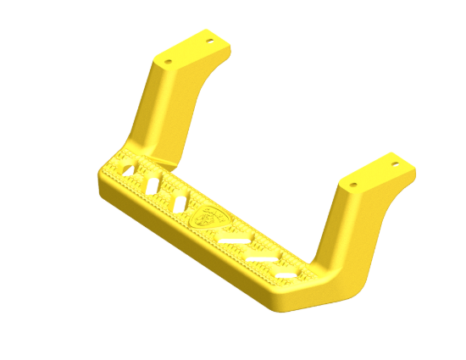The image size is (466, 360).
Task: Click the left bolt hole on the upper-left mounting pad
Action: (168, 62)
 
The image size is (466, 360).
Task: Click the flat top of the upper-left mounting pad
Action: (190, 51)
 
